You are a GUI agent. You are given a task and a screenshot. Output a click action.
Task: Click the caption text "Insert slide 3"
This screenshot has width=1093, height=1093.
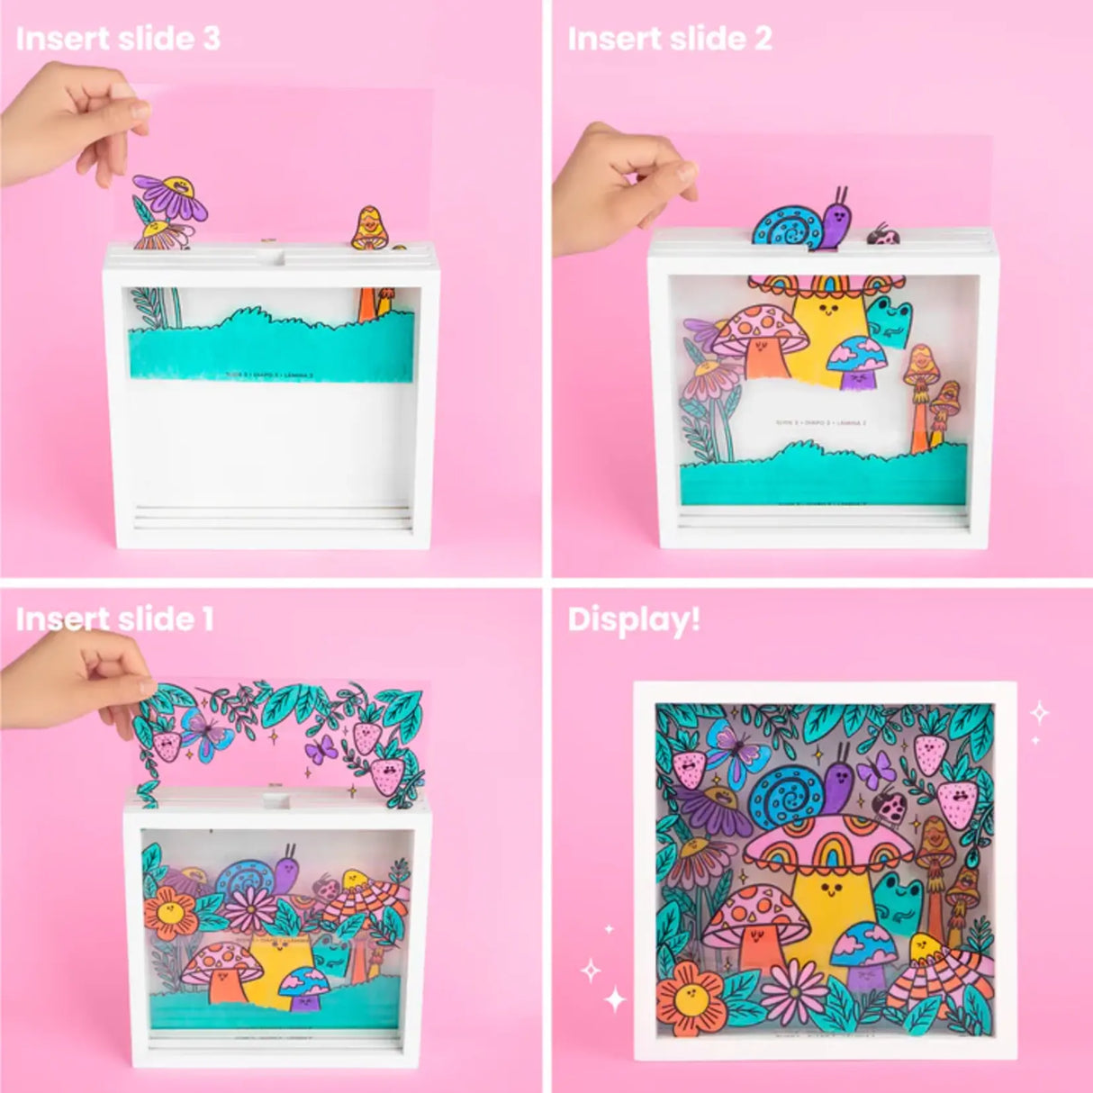tap(118, 40)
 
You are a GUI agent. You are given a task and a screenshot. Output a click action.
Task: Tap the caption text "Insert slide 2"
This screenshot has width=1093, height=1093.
tap(670, 40)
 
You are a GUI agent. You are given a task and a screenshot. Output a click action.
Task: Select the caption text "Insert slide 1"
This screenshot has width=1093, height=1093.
tap(115, 619)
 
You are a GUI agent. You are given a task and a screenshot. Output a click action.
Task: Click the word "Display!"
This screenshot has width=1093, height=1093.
tap(634, 619)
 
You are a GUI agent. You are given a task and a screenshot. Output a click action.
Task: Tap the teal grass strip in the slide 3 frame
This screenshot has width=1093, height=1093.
tap(270, 347)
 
